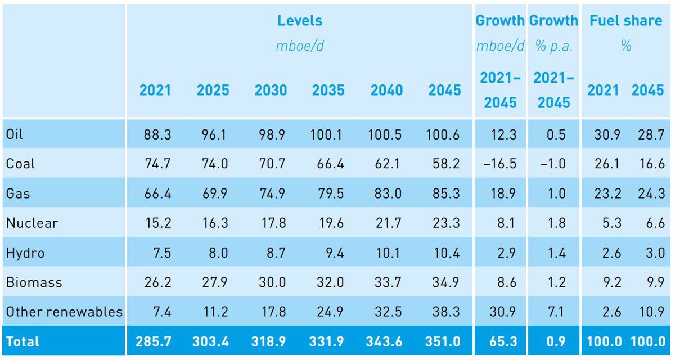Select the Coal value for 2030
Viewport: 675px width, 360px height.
(x=271, y=164)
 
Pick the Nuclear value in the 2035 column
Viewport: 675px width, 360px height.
(x=329, y=223)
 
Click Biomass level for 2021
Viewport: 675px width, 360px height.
(x=155, y=282)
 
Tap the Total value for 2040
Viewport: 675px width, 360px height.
(x=386, y=341)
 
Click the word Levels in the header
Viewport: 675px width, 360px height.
(x=300, y=21)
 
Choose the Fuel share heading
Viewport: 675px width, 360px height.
(x=625, y=21)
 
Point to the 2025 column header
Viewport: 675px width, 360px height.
(x=213, y=90)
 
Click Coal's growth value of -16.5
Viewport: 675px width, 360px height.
(x=500, y=164)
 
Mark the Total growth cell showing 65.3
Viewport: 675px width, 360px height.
(x=500, y=341)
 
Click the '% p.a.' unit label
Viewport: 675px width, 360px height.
(x=553, y=47)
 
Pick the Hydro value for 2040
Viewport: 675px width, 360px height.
(x=386, y=253)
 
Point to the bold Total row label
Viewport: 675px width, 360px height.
(x=22, y=341)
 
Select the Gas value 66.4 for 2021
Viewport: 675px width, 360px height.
(x=155, y=193)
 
